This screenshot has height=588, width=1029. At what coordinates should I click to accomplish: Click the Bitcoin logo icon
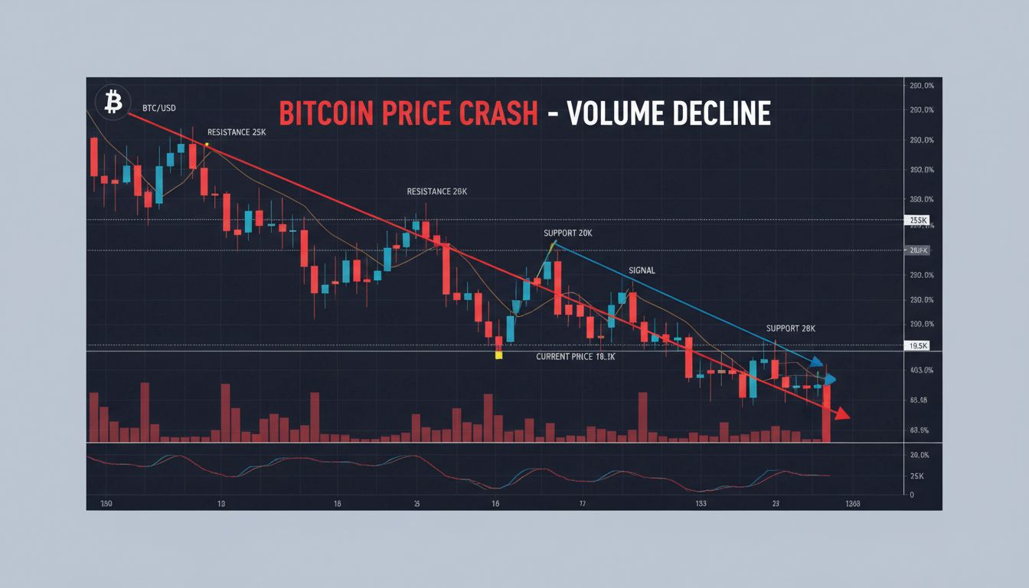click(x=113, y=101)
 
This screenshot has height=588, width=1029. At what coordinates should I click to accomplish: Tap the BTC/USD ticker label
click(x=158, y=109)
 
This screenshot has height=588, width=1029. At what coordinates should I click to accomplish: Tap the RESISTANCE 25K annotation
click(x=237, y=132)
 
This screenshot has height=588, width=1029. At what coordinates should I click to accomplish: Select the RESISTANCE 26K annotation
click(x=436, y=191)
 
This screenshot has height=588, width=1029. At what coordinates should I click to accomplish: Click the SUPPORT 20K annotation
click(x=567, y=233)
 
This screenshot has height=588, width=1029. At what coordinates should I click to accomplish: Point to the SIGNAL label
click(x=642, y=270)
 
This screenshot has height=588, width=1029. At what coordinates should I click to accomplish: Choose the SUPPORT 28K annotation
click(x=791, y=328)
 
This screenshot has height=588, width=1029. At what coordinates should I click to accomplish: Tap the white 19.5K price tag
click(x=916, y=346)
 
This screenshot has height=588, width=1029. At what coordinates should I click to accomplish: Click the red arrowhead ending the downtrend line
click(x=841, y=414)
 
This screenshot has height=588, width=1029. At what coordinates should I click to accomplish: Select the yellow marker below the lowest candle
click(x=498, y=355)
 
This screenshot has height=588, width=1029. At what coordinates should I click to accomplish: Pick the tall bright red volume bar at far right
click(x=826, y=413)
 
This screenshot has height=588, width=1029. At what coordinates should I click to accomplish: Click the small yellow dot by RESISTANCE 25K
click(x=207, y=144)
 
